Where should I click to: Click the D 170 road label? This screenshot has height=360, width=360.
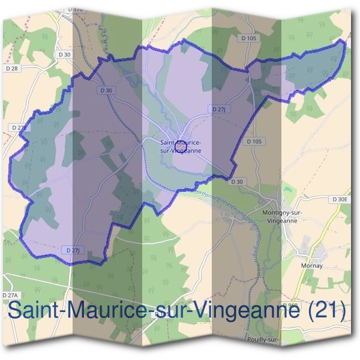click(x=75, y=10)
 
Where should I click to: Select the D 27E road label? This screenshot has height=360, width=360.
click(x=20, y=128)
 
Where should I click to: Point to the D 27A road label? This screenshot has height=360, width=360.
click(x=11, y=296)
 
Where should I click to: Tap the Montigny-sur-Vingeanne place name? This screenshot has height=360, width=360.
click(x=283, y=216)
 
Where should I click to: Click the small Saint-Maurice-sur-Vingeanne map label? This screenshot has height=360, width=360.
click(x=181, y=146)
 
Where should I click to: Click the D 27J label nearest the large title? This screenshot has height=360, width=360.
click(x=72, y=250)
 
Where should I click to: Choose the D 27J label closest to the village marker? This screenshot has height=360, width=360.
click(x=219, y=109)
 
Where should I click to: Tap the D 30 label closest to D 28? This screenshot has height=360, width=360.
click(x=65, y=55)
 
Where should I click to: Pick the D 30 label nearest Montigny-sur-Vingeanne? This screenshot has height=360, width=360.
click(x=238, y=182)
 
